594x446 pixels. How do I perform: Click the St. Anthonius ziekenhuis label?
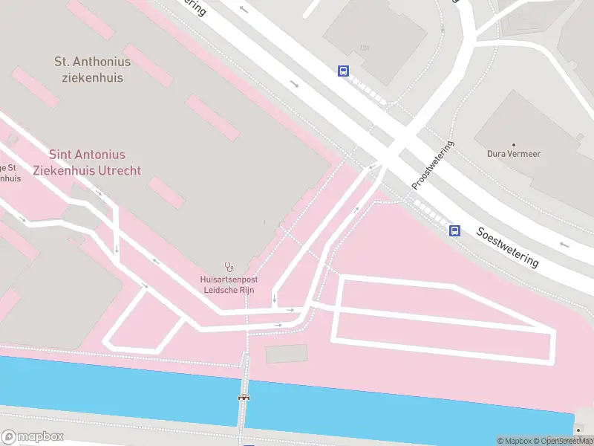(x=93, y=70)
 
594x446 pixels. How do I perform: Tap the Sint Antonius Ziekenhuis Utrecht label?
(x=87, y=162)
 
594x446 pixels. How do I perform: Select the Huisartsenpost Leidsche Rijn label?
(x=229, y=285)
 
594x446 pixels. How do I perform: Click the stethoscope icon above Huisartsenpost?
(x=229, y=266)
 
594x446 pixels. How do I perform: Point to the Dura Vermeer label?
(x=512, y=155)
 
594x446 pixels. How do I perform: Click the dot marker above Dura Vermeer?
(x=512, y=144)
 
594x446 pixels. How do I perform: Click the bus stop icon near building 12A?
(x=343, y=71)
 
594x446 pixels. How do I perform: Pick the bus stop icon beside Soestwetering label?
(x=454, y=230)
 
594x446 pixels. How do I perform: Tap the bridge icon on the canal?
(x=243, y=397)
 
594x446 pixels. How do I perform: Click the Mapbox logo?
(x=33, y=436)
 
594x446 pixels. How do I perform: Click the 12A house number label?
(x=364, y=48)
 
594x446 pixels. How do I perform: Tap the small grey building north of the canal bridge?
(x=286, y=354)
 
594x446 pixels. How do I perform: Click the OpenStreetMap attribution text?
(x=567, y=441)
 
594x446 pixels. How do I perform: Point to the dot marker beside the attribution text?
(x=579, y=429)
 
